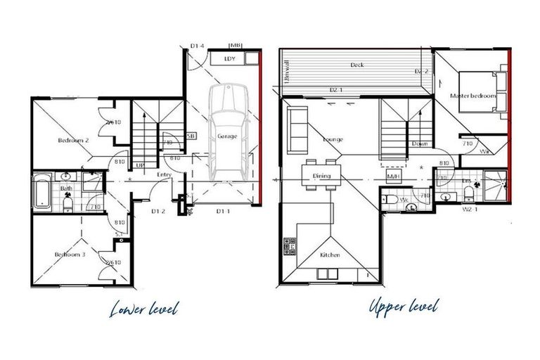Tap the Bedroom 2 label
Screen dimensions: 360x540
73,141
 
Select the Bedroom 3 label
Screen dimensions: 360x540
70,255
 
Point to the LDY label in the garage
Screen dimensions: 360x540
229,59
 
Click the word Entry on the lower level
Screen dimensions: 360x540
165,175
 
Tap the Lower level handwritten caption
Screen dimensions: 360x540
145,308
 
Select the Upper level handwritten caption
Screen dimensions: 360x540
403,307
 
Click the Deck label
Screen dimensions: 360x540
357,65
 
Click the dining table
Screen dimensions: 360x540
321,176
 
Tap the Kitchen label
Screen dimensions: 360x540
330,255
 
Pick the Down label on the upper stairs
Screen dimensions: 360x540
420,144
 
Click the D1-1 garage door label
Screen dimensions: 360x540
222,210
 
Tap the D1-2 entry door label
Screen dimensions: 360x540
159,210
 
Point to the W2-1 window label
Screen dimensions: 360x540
469,209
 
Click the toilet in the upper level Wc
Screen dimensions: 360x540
390,201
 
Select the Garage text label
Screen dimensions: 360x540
226,136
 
